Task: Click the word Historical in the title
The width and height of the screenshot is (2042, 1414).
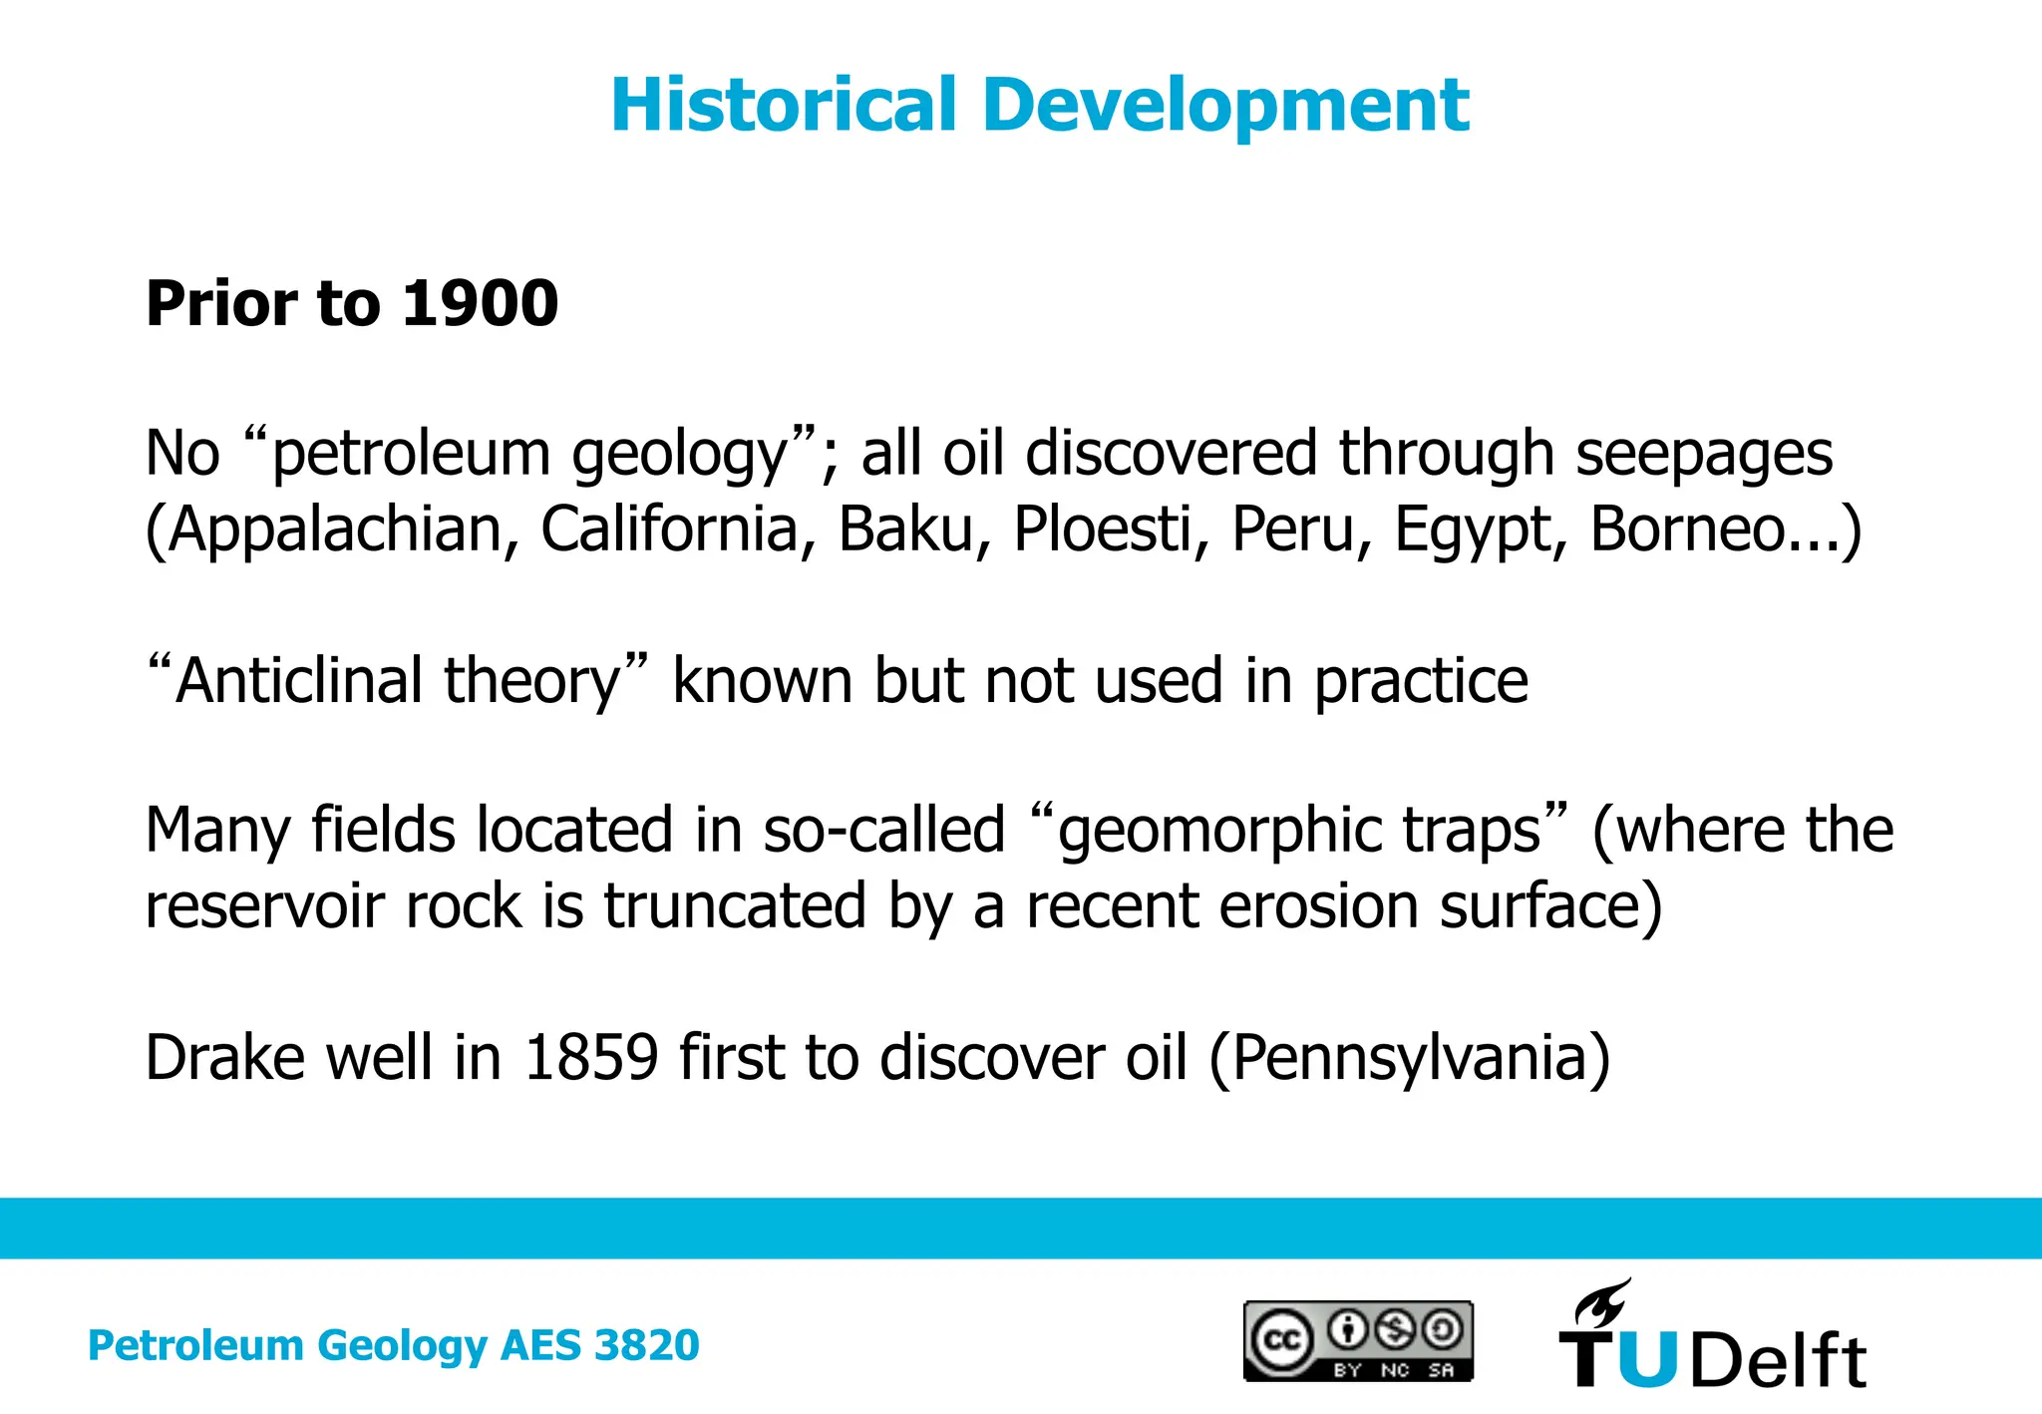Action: pos(784,105)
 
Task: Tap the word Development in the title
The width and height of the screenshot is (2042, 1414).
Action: pos(1225,107)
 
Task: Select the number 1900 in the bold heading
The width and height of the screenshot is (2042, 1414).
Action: pos(480,303)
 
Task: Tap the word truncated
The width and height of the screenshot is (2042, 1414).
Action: pos(735,906)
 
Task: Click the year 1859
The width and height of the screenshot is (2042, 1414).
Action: pos(591,1058)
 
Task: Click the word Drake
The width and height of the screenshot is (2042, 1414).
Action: pos(224,1058)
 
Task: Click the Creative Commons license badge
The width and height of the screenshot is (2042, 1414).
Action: pos(1358,1341)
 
